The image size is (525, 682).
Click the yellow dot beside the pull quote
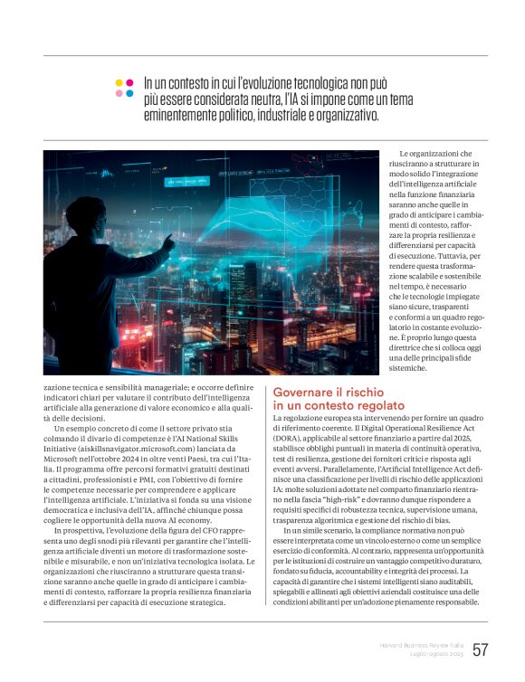(x=119, y=82)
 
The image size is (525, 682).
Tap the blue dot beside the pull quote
(x=129, y=93)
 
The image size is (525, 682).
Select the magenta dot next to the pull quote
(x=129, y=82)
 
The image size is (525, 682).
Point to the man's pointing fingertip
(x=171, y=238)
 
